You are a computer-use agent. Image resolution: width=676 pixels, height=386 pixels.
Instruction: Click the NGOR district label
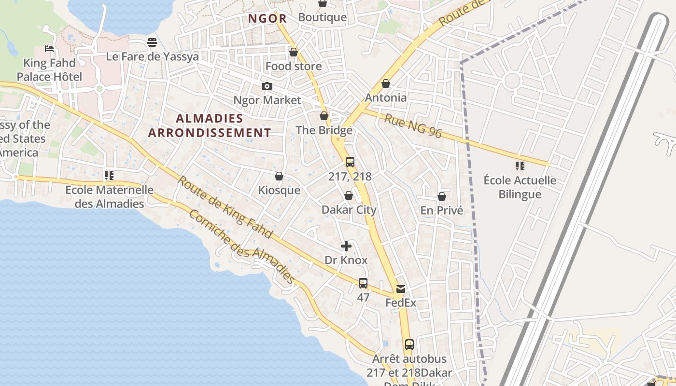click(x=267, y=19)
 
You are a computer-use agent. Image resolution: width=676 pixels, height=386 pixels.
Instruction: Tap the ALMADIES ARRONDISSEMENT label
click(x=210, y=125)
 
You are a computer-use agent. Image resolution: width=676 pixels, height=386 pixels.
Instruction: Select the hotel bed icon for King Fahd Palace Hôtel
click(x=49, y=48)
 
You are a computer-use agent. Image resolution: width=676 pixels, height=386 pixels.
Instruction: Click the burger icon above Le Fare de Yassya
click(x=152, y=42)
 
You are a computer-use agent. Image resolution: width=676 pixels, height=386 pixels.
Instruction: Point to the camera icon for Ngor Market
click(x=267, y=86)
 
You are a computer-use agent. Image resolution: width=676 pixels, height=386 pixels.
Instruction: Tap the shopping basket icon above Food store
click(x=294, y=52)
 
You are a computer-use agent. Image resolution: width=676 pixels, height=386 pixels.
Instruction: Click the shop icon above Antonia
click(x=385, y=83)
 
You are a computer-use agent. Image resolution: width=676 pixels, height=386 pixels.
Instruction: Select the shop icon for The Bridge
click(x=324, y=116)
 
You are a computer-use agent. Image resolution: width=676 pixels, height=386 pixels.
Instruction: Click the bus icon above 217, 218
click(x=350, y=162)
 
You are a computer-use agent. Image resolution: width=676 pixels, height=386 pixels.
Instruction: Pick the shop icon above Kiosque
click(x=279, y=176)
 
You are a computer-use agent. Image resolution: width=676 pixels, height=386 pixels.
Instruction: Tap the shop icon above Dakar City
click(x=349, y=195)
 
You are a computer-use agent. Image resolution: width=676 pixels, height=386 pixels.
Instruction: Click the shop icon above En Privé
click(x=441, y=196)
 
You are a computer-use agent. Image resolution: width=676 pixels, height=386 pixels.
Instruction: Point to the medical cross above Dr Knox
click(x=346, y=246)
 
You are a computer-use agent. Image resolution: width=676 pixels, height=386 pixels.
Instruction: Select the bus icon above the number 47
click(x=363, y=283)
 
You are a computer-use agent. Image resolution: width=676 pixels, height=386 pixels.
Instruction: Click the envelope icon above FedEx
click(x=401, y=289)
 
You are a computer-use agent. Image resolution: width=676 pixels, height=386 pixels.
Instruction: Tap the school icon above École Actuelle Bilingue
click(x=520, y=166)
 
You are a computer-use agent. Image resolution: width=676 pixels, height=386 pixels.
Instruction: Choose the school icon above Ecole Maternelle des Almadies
click(x=109, y=176)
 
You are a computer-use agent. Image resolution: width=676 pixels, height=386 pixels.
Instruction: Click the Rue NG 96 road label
click(x=413, y=125)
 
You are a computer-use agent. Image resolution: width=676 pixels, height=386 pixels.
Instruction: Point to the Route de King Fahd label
click(x=225, y=207)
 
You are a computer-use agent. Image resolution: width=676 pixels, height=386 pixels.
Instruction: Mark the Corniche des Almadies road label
click(x=241, y=247)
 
